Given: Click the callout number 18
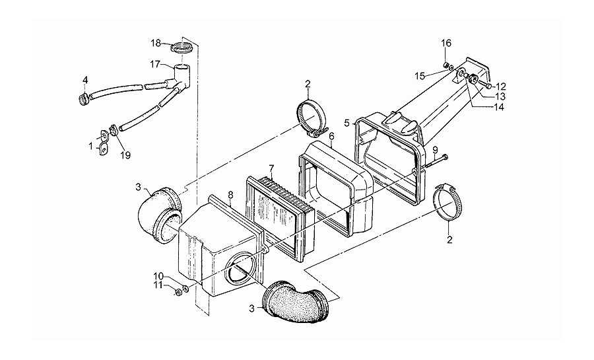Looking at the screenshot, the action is pos(156,43).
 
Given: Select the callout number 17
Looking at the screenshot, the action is pos(155,65).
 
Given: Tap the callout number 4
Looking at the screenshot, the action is pos(85,80).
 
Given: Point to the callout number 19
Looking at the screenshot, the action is pos(125,155).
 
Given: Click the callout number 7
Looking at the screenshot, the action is pos(271,168).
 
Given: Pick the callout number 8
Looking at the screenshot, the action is pos(230,195).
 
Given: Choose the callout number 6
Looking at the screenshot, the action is pos(331,135).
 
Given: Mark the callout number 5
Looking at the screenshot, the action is pos(347,123).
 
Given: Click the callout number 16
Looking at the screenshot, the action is pos(446,43).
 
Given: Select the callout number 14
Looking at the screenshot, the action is pos(499,107).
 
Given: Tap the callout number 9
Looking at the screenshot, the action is pos(436,150).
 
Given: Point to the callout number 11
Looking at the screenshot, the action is pos(158,285).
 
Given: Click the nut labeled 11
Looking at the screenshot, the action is pos(178,292).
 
